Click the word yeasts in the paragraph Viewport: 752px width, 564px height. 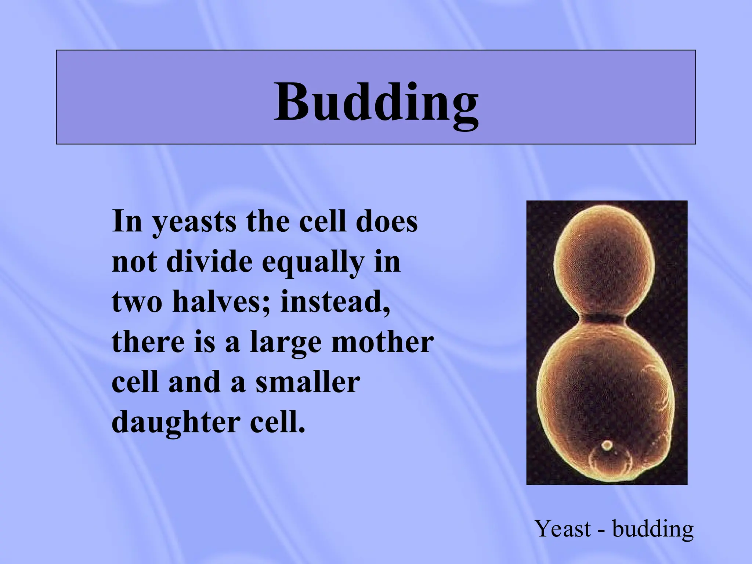click(x=195, y=223)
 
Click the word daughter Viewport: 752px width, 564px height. click(x=176, y=423)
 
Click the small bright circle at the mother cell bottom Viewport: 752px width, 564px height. click(x=607, y=446)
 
